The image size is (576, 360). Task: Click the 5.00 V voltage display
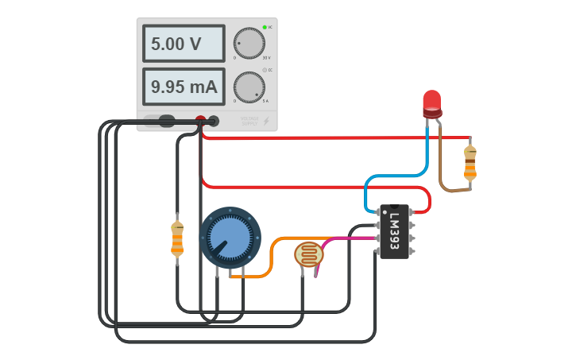pyautogui.click(x=184, y=44)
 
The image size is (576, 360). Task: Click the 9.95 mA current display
pyautogui.click(x=184, y=87)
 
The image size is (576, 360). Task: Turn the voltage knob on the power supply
pyautogui.click(x=249, y=43)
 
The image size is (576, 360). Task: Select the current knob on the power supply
pyautogui.click(x=249, y=87)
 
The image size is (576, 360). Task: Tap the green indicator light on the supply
pyautogui.click(x=264, y=27)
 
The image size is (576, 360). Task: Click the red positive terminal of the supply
pyautogui.click(x=201, y=121)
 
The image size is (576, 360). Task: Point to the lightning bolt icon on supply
pyautogui.click(x=266, y=121)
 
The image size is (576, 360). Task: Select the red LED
pyautogui.click(x=431, y=103)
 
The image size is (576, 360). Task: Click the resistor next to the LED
pyautogui.click(x=470, y=163)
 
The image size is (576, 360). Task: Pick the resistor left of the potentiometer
pyautogui.click(x=177, y=238)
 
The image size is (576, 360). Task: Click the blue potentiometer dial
pyautogui.click(x=230, y=236)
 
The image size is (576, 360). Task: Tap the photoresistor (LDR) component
pyautogui.click(x=308, y=254)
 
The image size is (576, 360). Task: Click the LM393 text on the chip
pyautogui.click(x=395, y=230)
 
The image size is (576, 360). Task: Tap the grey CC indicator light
pyautogui.click(x=264, y=70)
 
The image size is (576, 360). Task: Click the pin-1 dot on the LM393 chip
pyautogui.click(x=385, y=212)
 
